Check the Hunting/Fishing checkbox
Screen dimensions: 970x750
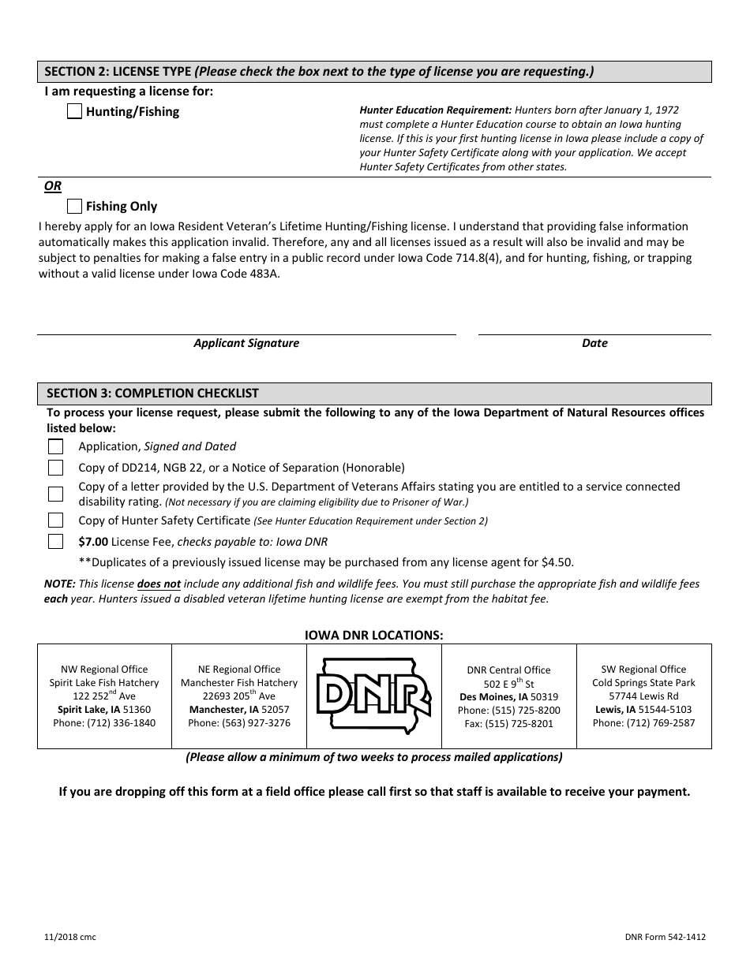coord(74,112)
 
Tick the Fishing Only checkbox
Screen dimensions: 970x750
coord(74,207)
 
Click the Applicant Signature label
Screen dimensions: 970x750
coord(246,343)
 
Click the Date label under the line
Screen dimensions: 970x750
coord(594,343)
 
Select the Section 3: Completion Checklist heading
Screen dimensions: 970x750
coord(152,394)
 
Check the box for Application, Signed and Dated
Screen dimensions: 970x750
coord(55,446)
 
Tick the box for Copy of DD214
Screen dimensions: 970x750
coord(55,468)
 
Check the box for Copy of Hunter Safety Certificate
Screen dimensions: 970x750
coord(55,520)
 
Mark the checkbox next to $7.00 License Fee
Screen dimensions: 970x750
coord(55,542)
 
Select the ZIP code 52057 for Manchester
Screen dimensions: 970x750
coord(275,710)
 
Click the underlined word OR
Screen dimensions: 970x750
coord(53,186)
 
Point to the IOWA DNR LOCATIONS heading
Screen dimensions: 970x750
coord(374,634)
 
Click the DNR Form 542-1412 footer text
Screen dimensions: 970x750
coord(664,937)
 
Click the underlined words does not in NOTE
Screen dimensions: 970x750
coord(159,584)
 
